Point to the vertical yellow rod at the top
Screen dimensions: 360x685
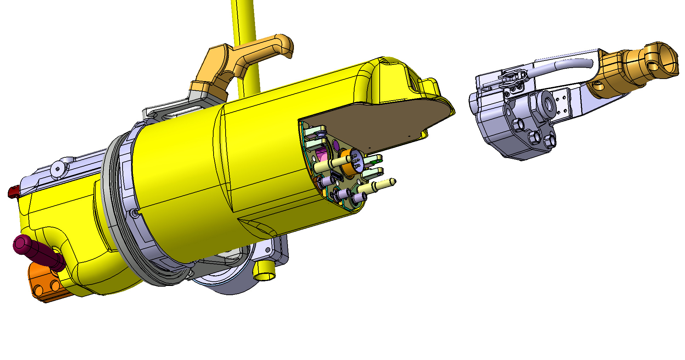[x=244, y=21]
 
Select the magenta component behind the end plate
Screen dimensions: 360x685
[x=322, y=154]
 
